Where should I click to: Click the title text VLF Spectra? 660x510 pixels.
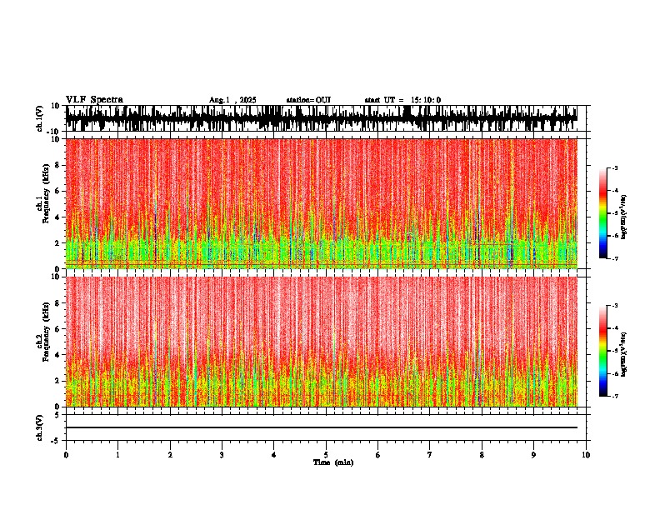click(94, 100)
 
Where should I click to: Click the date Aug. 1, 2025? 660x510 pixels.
click(232, 100)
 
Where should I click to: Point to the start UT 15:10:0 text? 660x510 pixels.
click(402, 100)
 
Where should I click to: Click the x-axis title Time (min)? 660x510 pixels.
click(332, 462)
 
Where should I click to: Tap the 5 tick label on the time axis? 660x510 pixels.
click(326, 455)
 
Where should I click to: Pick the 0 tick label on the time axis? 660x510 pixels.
click(66, 455)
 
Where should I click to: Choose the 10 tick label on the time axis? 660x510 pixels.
click(586, 455)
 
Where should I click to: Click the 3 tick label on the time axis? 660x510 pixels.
click(222, 455)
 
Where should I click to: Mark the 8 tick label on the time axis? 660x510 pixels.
click(482, 455)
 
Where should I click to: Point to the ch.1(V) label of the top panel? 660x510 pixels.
click(39, 118)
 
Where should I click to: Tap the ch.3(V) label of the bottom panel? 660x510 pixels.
click(39, 427)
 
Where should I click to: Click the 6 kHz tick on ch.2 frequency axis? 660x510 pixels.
click(58, 328)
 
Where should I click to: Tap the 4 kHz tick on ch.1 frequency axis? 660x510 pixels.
click(58, 217)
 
